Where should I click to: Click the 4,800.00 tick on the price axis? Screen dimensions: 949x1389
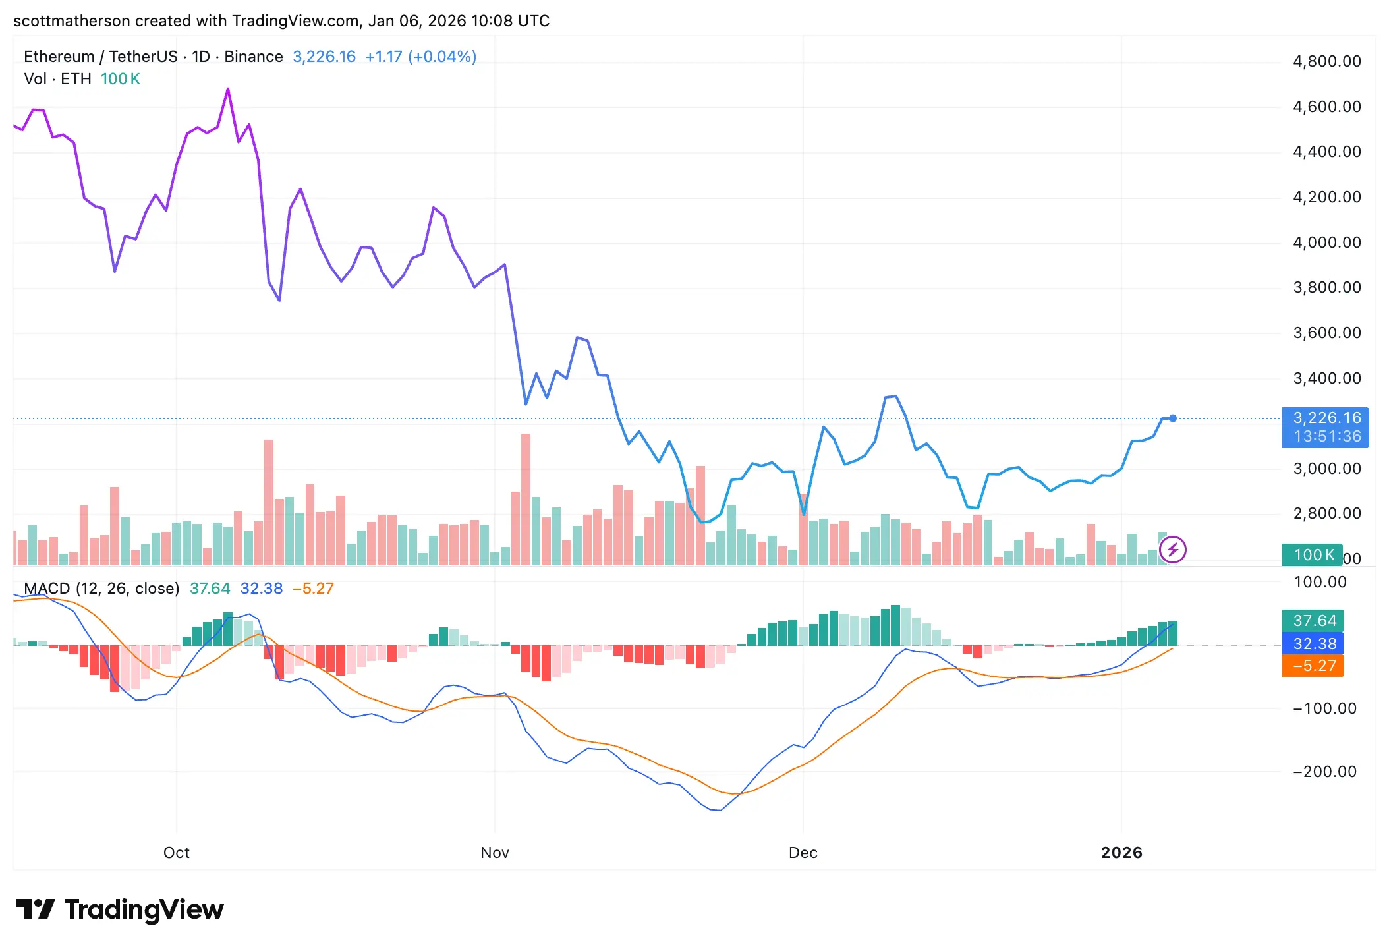tap(1326, 61)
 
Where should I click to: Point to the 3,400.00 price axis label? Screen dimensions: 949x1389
tap(1326, 378)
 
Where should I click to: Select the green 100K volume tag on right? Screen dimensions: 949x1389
tap(1312, 555)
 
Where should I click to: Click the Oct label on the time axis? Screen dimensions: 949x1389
tap(176, 853)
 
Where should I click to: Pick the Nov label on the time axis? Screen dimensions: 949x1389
tap(494, 853)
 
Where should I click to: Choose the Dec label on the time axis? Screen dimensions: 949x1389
tap(803, 853)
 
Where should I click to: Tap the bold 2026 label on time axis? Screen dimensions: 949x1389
tap(1121, 853)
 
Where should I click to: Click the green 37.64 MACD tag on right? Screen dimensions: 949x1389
tap(1313, 621)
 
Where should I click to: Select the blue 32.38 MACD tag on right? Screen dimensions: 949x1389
tap(1313, 644)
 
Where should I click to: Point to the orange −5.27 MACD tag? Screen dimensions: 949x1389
tap(1313, 666)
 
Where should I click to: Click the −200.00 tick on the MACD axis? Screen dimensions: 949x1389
tap(1324, 772)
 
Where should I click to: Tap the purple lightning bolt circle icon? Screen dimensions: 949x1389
tap(1173, 550)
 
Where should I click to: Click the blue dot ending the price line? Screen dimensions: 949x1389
tap(1173, 418)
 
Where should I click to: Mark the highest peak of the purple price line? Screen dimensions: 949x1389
tap(228, 89)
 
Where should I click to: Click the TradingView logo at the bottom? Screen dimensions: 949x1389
tap(120, 909)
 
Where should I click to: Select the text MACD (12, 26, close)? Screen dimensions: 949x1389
tap(101, 589)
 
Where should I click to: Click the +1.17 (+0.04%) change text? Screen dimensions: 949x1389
tap(420, 57)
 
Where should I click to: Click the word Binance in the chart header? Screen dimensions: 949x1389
tap(253, 57)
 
